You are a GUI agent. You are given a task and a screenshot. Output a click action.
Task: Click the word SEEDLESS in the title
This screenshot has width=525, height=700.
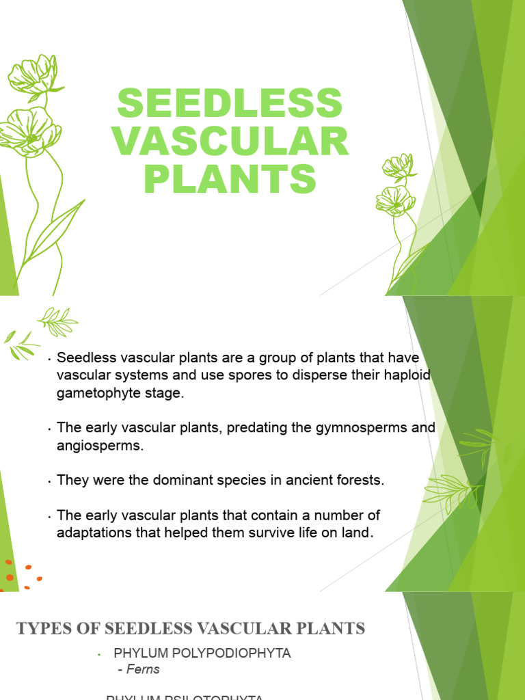tap(230, 103)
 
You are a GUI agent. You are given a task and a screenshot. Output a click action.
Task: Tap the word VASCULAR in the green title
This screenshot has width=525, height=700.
tap(230, 142)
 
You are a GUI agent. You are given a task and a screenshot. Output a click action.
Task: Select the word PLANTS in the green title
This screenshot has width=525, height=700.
tap(230, 180)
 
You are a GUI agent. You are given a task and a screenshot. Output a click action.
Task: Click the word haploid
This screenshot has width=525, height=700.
tap(406, 375)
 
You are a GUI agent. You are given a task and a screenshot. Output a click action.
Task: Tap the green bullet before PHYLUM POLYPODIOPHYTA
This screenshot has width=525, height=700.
tap(99, 655)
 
